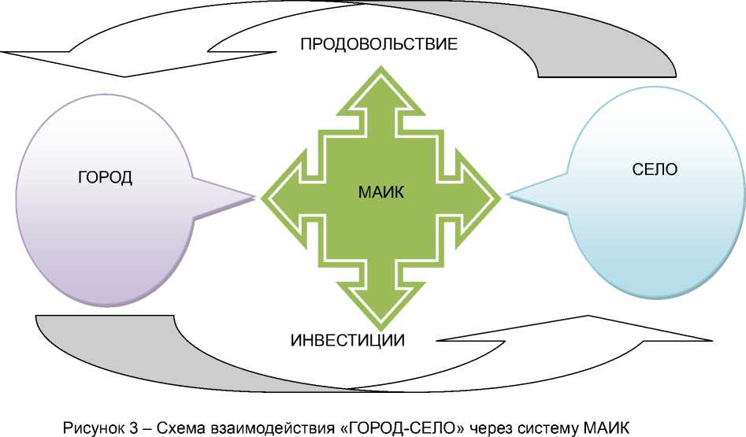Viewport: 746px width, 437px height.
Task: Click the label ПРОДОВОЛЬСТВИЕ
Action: point(379,45)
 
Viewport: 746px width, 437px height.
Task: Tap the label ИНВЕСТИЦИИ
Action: point(347,341)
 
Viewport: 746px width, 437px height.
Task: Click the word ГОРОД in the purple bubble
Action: point(105,177)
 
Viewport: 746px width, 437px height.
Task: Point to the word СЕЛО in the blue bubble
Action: point(655,169)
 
